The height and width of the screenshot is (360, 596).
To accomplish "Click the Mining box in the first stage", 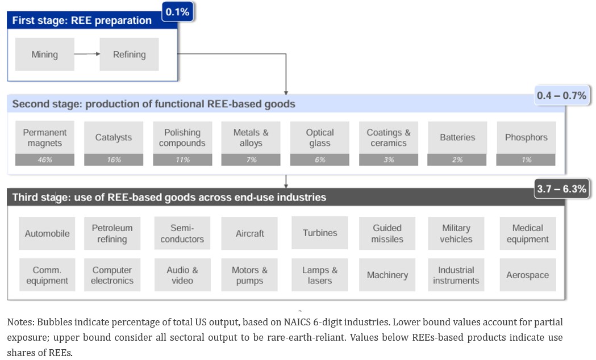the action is point(45,55).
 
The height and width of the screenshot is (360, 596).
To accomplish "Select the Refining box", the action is point(129,55).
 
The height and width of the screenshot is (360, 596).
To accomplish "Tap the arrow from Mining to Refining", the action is point(87,54).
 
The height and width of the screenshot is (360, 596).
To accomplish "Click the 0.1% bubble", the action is point(177,12).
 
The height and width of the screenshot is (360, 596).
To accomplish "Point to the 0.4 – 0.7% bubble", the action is point(561,95).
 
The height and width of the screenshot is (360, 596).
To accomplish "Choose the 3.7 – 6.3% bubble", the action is point(561,189).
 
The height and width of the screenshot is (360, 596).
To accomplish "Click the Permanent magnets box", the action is point(45,138).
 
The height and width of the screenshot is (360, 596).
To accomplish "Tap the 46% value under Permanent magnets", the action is point(45,160).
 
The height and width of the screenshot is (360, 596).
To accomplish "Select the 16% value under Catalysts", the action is point(114,160).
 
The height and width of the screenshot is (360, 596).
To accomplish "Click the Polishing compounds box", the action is point(182,138).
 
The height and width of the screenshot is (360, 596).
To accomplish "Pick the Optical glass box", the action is point(320,138).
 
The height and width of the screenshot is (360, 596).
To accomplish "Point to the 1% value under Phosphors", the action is point(526,160).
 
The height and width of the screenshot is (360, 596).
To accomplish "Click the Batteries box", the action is point(457,138).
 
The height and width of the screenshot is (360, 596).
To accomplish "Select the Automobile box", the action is point(47,233).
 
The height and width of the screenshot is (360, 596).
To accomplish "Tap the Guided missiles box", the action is point(387,233).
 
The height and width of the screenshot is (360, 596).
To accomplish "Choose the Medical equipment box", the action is point(528,233).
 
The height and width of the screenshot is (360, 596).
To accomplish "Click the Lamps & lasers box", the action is point(320,275).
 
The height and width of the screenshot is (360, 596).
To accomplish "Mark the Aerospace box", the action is point(528,275).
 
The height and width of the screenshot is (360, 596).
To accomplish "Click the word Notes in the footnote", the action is point(20,323).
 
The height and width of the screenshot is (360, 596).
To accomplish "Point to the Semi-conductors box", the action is point(182,233).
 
